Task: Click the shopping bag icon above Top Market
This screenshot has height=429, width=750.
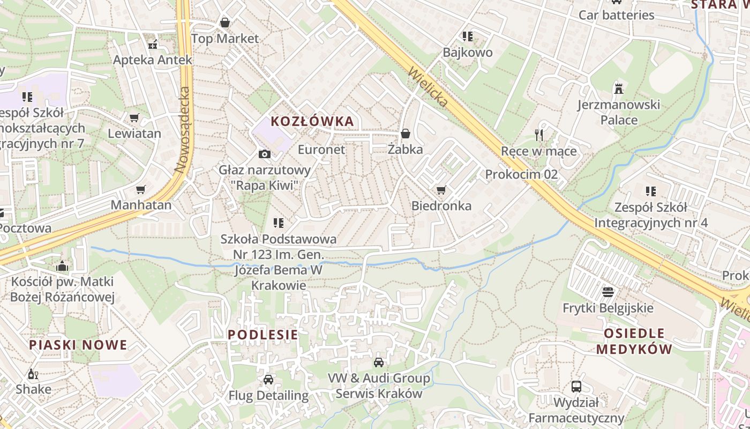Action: click(x=225, y=23)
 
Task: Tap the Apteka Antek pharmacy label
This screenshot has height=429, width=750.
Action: click(x=152, y=60)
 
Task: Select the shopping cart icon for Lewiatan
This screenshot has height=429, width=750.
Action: click(x=134, y=117)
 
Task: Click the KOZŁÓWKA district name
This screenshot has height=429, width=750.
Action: click(x=312, y=121)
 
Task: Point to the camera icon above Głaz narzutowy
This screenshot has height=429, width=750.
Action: click(x=264, y=154)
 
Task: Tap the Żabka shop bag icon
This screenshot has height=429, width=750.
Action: click(x=406, y=134)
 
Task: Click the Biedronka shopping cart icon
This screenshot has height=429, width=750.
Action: click(x=441, y=190)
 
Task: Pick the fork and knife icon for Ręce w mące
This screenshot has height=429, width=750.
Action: click(x=539, y=135)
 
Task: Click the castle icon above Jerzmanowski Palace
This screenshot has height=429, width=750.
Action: click(x=619, y=88)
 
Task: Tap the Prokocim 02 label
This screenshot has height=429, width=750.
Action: click(x=521, y=174)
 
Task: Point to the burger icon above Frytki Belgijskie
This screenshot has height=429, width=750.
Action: click(x=607, y=292)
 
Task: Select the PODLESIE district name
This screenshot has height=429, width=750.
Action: click(x=262, y=335)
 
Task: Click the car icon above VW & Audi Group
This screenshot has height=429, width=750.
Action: click(x=379, y=363)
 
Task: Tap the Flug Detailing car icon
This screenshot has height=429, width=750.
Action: click(x=268, y=380)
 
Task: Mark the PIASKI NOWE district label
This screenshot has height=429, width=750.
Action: click(x=78, y=345)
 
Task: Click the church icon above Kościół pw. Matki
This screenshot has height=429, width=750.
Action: click(x=62, y=266)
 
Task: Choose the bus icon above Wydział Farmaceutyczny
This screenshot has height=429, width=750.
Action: click(x=576, y=386)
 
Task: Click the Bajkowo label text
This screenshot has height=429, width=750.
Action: click(x=467, y=53)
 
